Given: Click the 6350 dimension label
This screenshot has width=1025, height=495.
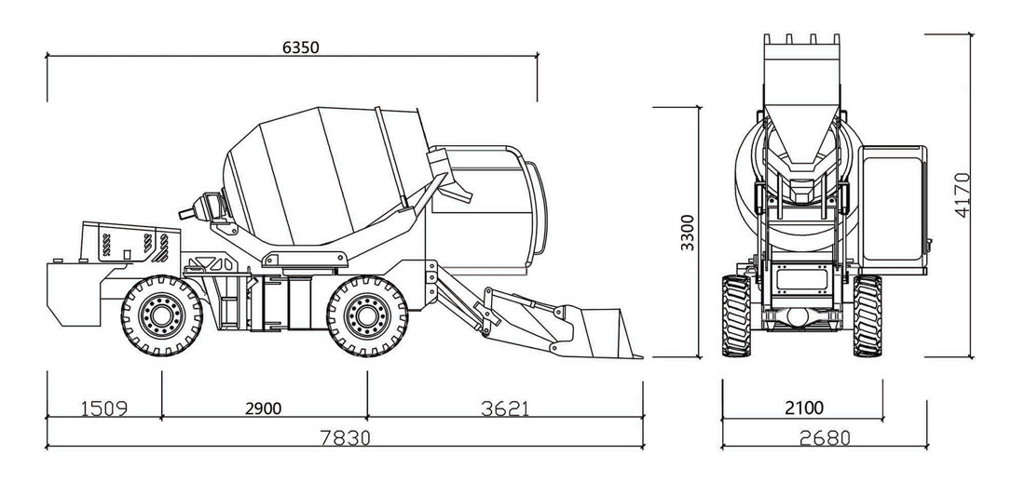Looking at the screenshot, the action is (301, 47).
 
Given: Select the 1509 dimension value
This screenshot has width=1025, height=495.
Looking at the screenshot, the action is (104, 408).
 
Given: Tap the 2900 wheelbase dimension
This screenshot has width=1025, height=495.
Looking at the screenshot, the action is (264, 408).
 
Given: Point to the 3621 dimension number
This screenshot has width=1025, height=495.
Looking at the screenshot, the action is (505, 408).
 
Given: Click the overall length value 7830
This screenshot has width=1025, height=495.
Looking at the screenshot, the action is (346, 437).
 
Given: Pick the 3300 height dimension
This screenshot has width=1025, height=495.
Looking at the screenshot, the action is (687, 233).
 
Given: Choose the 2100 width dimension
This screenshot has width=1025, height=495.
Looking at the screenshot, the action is (804, 408).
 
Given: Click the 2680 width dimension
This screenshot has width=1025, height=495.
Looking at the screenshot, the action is (825, 437).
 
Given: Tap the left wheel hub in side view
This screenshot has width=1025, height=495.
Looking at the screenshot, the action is (161, 316).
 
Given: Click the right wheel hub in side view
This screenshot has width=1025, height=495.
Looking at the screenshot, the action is (367, 316).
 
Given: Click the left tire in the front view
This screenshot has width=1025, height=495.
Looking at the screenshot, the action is (736, 316).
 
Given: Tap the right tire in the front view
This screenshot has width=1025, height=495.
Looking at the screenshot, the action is (868, 316).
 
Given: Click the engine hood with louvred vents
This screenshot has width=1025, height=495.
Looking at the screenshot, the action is (130, 243).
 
